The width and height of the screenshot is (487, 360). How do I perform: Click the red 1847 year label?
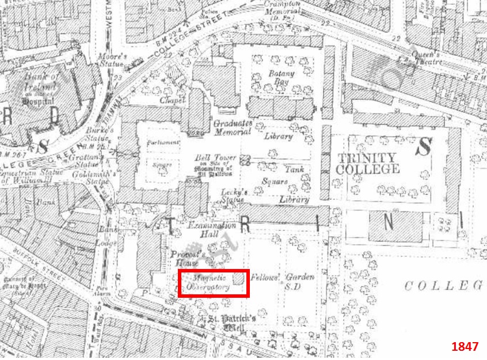pyautogui.click(x=465, y=347)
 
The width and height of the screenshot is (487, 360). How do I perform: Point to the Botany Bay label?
pyautogui.click(x=281, y=78)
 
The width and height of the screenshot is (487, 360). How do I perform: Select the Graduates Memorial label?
pyautogui.click(x=233, y=127)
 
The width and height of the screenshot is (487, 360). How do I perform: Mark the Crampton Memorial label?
pyautogui.click(x=283, y=8)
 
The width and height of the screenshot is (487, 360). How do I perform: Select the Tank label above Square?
pyautogui.click(x=295, y=170)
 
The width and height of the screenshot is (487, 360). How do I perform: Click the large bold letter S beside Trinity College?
pyautogui.click(x=424, y=147)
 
